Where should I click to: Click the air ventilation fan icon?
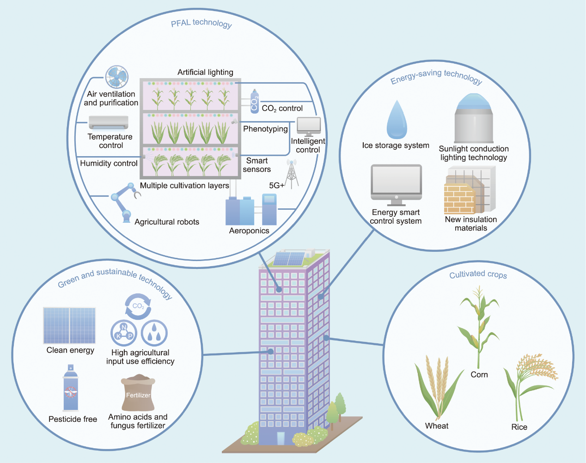[x=117, y=77]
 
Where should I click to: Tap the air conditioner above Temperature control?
[x=109, y=122]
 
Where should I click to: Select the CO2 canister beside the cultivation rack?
[x=254, y=101]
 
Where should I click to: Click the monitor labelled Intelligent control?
[x=309, y=127]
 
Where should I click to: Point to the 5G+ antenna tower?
[x=292, y=174]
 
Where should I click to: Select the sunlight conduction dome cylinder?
[x=474, y=118]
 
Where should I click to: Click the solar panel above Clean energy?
[x=69, y=325]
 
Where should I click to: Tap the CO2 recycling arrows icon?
[x=138, y=306]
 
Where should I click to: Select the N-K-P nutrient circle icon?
[x=124, y=333]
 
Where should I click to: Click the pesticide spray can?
[x=71, y=388]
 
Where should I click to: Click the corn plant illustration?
[x=479, y=327]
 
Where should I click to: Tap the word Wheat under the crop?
[x=437, y=426]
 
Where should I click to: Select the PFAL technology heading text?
[x=201, y=24]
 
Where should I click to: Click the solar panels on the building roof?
[x=289, y=258]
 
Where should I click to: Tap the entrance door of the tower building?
[x=281, y=439]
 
